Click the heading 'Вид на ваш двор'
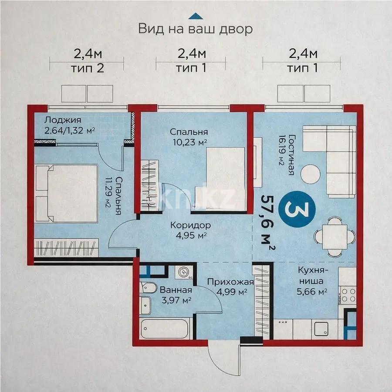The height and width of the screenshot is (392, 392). tap(196, 29)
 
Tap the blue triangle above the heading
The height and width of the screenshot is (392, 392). tap(196, 17)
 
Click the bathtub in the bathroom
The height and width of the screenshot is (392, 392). tap(164, 328)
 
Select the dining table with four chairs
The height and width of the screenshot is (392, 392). tap(335, 237)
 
